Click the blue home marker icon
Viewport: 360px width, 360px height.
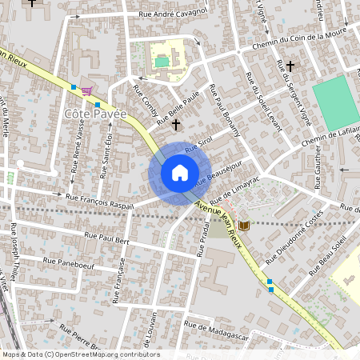coord(180,173)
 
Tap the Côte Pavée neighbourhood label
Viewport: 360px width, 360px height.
coord(95,115)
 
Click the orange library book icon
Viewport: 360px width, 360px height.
coord(244,226)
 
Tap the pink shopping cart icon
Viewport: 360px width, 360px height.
coord(86,90)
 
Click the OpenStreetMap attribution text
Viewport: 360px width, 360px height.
coord(80,354)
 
